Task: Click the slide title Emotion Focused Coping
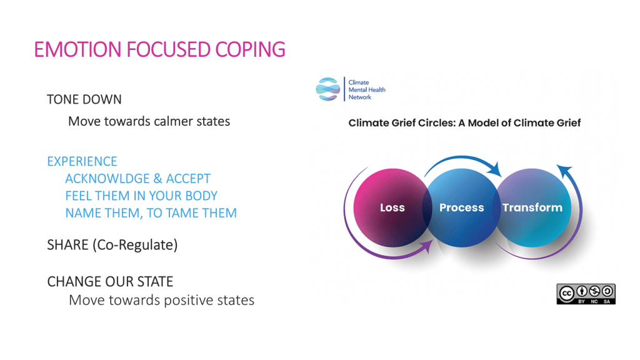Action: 159,49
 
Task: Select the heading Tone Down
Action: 84,99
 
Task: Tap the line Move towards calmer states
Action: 149,121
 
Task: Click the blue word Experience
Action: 82,161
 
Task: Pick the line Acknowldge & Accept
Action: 138,178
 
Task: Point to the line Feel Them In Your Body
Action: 141,196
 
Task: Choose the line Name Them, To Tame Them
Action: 151,212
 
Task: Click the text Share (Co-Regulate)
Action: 112,245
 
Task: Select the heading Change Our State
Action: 110,281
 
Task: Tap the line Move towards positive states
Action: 162,300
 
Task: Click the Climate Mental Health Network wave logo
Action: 327,89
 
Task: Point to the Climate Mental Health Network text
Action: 366,90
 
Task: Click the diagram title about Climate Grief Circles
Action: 464,123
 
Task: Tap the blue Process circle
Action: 462,207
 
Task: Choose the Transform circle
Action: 532,207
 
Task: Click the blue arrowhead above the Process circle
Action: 495,169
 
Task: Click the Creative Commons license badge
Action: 586,294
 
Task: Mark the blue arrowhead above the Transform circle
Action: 564,171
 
